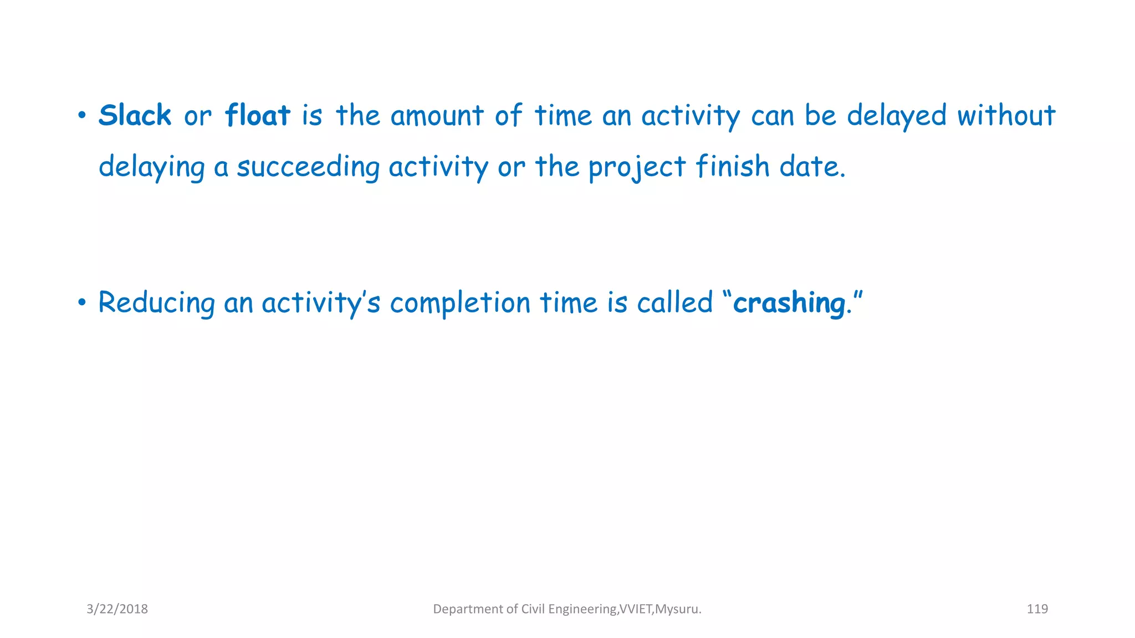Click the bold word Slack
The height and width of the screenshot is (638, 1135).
pyautogui.click(x=135, y=116)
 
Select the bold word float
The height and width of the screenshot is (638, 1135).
pyautogui.click(x=257, y=116)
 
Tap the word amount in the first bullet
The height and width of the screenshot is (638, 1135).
pyautogui.click(x=437, y=116)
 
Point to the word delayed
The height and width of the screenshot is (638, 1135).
pyautogui.click(x=896, y=116)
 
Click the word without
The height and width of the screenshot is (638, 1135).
pyautogui.click(x=1006, y=116)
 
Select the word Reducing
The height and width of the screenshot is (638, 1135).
pyautogui.click(x=156, y=303)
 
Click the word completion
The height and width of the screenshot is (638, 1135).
pyautogui.click(x=459, y=303)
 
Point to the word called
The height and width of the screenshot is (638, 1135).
pyautogui.click(x=674, y=302)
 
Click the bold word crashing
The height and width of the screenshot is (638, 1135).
pyautogui.click(x=789, y=303)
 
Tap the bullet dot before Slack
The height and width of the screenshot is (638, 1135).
pyautogui.click(x=82, y=116)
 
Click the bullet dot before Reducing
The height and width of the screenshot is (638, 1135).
pyautogui.click(x=82, y=302)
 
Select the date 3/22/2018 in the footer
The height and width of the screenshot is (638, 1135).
pyautogui.click(x=117, y=609)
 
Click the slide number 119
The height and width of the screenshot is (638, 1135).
pyautogui.click(x=1037, y=609)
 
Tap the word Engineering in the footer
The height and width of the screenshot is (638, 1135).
pyautogui.click(x=582, y=609)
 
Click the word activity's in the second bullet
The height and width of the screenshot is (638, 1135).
pyautogui.click(x=320, y=303)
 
